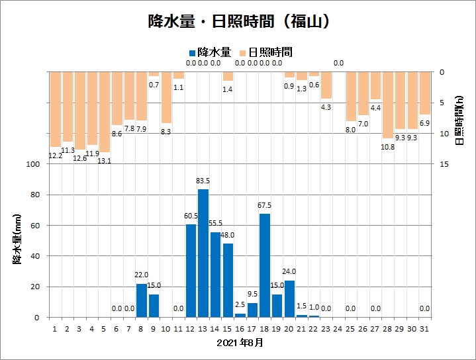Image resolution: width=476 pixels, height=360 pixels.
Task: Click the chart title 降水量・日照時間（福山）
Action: pyautogui.click(x=238, y=21)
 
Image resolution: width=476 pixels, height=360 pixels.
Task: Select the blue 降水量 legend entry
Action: pyautogui.click(x=210, y=52)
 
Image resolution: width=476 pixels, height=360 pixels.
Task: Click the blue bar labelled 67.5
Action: pyautogui.click(x=265, y=265)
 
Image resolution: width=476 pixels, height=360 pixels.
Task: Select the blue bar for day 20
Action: pyautogui.click(x=289, y=299)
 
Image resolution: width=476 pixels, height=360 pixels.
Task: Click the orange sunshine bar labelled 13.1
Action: pyautogui.click(x=105, y=112)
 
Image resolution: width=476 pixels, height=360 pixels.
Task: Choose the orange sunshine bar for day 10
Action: pyautogui.click(x=166, y=97)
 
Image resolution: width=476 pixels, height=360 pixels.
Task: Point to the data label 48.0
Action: pyautogui.click(x=228, y=236)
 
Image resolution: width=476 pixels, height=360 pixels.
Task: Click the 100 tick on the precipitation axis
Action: pyautogui.click(x=34, y=164)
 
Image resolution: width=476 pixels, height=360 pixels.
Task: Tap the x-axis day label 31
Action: pyautogui.click(x=424, y=328)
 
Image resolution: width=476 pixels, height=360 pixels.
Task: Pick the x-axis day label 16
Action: pyautogui.click(x=240, y=328)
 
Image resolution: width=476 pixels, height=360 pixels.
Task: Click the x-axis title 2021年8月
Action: pyautogui.click(x=240, y=343)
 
